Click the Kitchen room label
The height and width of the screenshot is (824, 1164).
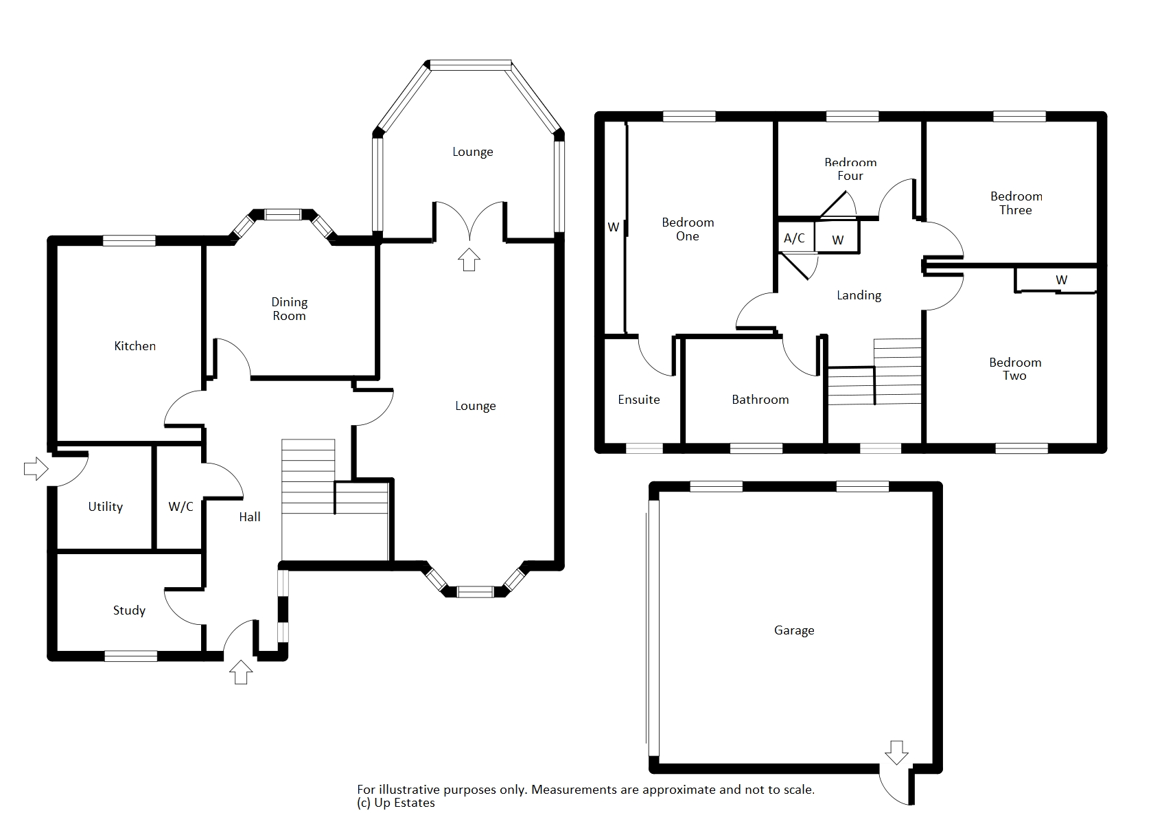pos(135,345)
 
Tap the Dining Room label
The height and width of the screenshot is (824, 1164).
pos(290,309)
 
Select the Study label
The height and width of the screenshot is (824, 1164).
pos(130,610)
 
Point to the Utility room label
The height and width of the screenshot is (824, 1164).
pos(106,506)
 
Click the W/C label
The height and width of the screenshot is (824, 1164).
pos(181,506)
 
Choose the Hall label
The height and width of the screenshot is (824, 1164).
pos(250,517)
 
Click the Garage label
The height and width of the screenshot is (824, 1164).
pos(794,630)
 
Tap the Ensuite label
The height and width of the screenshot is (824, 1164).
pos(639,399)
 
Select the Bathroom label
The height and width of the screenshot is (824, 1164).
pos(760,399)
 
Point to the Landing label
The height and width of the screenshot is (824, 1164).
pos(859,295)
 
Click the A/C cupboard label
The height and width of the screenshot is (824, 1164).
pos(795,238)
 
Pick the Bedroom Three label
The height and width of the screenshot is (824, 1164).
pos(1016,203)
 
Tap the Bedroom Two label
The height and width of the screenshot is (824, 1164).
pos(1015,369)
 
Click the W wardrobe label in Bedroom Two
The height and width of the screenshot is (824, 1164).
pos(1062,279)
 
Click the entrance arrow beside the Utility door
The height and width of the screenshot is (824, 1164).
pos(36,469)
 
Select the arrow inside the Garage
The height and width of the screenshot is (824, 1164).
pos(896,753)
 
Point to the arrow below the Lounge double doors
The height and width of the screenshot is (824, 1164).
pos(469,260)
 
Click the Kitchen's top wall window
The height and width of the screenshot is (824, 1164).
pos(130,240)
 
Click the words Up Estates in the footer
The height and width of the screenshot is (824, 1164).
pos(404,803)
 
